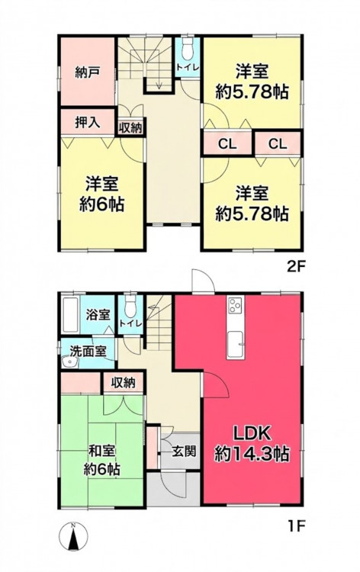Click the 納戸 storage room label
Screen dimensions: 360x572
[87, 73]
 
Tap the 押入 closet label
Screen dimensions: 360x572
[87, 122]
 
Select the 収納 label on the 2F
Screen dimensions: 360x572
[130, 128]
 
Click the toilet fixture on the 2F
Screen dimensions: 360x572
[187, 50]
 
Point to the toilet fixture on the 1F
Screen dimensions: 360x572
[130, 307]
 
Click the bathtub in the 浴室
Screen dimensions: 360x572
[70, 314]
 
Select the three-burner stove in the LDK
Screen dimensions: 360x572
[235, 305]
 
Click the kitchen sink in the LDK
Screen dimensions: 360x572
[236, 345]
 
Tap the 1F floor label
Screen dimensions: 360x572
[296, 527]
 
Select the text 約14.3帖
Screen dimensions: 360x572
[252, 455]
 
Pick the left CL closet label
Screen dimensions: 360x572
[227, 144]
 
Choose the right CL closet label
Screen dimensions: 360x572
[278, 144]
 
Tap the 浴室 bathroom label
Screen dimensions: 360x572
[98, 314]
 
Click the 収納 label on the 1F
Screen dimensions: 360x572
[124, 383]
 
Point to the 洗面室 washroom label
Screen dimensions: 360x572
[88, 352]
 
